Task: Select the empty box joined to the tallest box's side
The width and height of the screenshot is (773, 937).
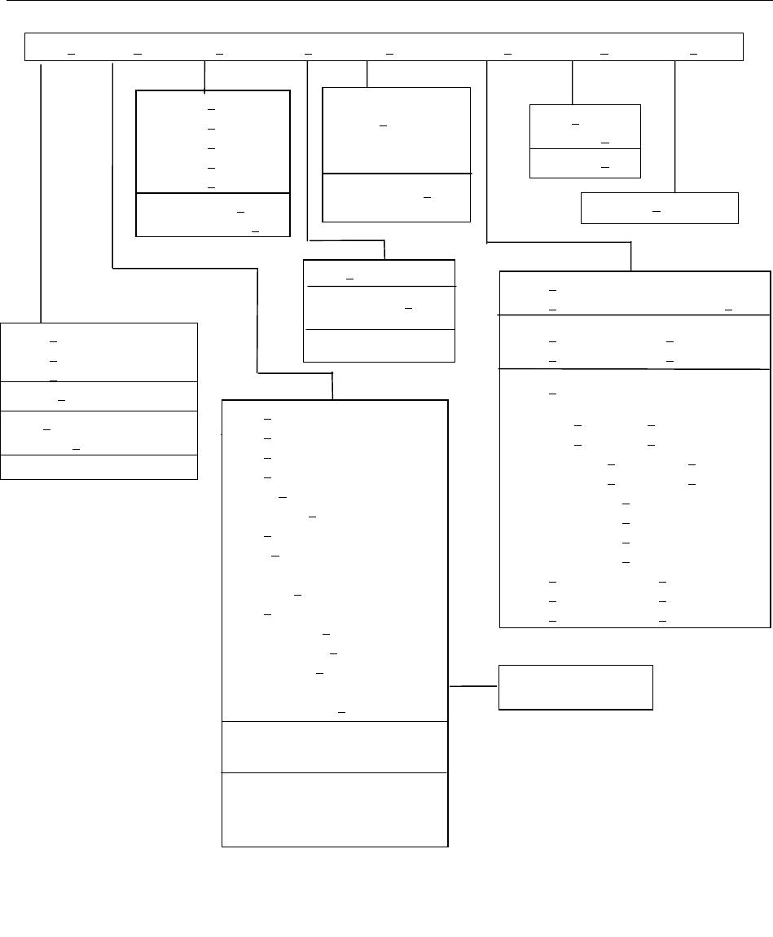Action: [x=575, y=688]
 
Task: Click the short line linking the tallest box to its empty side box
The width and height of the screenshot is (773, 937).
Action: [x=473, y=687]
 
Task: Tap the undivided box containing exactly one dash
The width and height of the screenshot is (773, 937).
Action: [x=659, y=208]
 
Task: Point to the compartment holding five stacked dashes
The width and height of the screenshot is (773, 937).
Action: [x=213, y=141]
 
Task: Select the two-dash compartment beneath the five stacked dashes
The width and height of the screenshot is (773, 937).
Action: [x=213, y=215]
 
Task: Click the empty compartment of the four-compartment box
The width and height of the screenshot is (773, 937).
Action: [x=99, y=467]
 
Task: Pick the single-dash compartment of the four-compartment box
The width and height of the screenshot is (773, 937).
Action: [x=99, y=396]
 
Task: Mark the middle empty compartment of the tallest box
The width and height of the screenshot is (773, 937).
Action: [x=335, y=746]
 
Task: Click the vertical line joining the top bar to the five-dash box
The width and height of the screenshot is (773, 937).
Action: [x=204, y=75]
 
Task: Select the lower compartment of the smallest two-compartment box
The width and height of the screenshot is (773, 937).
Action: [x=585, y=164]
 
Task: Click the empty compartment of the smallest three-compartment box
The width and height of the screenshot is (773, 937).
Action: [x=379, y=345]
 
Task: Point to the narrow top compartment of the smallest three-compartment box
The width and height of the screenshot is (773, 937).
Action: [x=379, y=274]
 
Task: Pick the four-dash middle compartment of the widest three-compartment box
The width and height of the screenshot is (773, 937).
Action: [x=635, y=341]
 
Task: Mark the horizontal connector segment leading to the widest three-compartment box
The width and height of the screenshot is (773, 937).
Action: [x=559, y=243]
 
